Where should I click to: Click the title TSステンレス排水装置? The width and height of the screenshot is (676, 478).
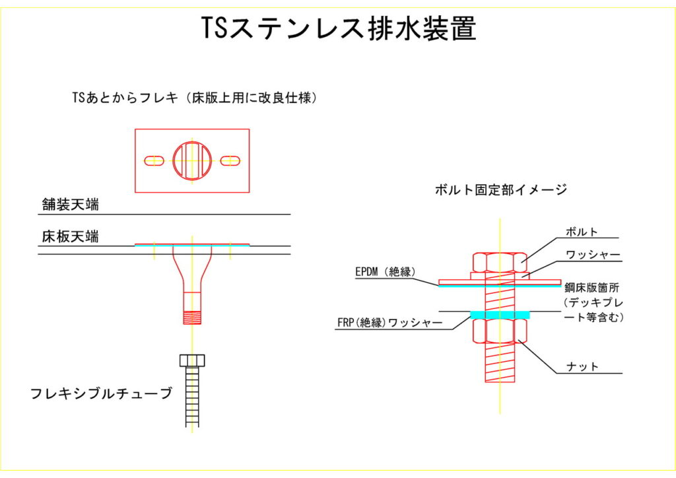click(338, 28)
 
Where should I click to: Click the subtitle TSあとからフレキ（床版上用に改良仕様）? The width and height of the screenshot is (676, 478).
click(196, 98)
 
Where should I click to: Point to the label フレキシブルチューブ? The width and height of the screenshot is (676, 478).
click(101, 394)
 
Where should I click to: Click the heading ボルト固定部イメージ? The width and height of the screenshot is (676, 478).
click(501, 190)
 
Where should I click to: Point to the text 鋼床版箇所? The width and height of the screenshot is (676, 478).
click(593, 288)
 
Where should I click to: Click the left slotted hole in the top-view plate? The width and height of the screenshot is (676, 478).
click(154, 160)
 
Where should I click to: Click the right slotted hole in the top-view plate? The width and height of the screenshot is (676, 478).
click(230, 160)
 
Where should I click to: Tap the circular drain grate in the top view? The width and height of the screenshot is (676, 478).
click(192, 160)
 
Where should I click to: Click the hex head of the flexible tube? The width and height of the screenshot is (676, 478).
click(192, 360)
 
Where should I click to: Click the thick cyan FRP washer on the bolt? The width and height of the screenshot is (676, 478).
click(500, 313)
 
